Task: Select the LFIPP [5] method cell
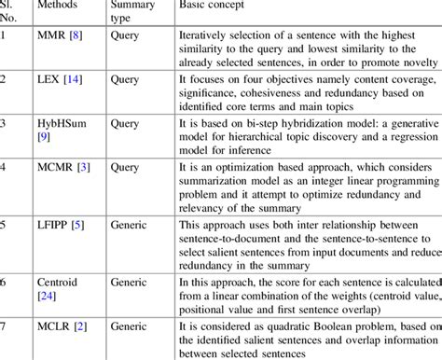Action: coord(63,223)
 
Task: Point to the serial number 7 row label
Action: coord(4,324)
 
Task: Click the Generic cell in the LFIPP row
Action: coord(131,223)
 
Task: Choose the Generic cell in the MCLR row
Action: coord(131,324)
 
